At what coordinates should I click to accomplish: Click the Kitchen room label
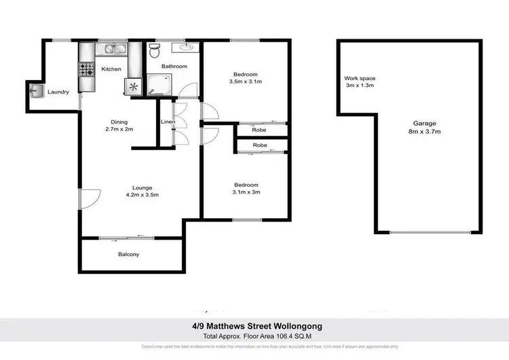111,69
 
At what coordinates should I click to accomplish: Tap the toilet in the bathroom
154,51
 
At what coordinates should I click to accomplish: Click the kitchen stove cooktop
87,69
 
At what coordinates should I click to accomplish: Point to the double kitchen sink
111,48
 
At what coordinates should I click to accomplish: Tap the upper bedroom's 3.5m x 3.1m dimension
245,82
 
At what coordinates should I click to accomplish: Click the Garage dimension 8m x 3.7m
425,132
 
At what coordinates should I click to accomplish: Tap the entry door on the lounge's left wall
87,199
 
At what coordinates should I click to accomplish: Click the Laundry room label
58,92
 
